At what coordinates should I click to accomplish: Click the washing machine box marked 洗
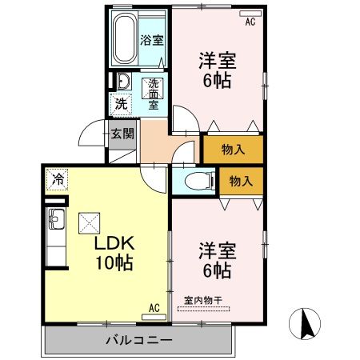120,102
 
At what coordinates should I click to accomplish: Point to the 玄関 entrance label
122,134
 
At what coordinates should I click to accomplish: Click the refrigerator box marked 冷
58,178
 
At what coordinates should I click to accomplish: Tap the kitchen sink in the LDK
56,217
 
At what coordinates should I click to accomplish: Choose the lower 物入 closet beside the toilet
240,181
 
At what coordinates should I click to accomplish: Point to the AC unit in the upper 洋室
248,14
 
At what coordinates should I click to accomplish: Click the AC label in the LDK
154,307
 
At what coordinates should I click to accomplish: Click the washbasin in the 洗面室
123,82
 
